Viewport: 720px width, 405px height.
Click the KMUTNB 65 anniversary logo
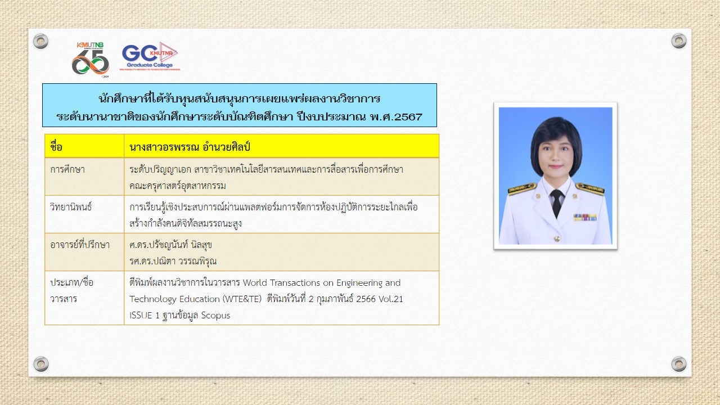click(x=91, y=60)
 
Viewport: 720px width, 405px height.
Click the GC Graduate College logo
click(x=150, y=56)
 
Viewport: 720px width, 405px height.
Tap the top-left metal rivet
click(x=41, y=41)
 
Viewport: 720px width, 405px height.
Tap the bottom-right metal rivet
click(x=678, y=364)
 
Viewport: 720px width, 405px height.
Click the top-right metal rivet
click(x=678, y=41)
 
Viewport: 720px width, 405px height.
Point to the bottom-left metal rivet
click(x=41, y=364)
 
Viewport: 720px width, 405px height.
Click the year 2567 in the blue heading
click(x=408, y=116)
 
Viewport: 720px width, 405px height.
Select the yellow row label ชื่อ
click(x=56, y=147)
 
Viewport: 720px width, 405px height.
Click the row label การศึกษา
click(x=67, y=169)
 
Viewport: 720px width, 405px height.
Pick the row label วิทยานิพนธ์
click(x=71, y=206)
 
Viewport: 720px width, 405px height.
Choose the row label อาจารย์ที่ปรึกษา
click(x=80, y=244)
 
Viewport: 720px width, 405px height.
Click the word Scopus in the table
click(x=215, y=316)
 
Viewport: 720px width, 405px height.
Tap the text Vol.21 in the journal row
click(x=391, y=299)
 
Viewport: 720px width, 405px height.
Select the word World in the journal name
click(x=255, y=282)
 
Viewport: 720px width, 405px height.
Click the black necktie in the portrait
click(x=556, y=203)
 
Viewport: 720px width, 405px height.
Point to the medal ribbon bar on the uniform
click(x=585, y=217)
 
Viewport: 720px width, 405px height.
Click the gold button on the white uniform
click(x=557, y=238)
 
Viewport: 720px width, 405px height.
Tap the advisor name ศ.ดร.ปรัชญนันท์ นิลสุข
click(x=170, y=245)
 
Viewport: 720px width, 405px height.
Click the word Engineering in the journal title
click(x=359, y=283)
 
